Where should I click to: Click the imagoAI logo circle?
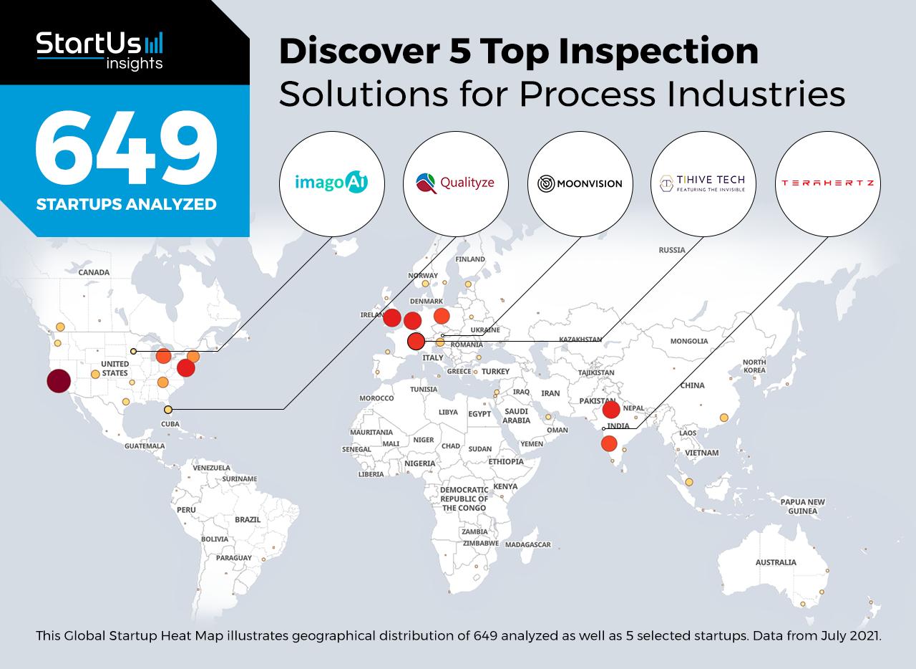point(331,184)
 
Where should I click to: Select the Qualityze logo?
point(456,184)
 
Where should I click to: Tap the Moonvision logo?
point(580,184)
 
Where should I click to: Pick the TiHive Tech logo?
point(703,184)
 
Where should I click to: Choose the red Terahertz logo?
point(828,184)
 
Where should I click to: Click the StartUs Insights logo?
point(99,50)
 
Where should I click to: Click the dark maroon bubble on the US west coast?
point(59,381)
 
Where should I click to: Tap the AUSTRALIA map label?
point(776,562)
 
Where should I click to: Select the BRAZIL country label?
point(248,519)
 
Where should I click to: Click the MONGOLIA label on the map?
point(689,341)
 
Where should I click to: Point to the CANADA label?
point(94,272)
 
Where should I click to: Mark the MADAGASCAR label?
point(528,544)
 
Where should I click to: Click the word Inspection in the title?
point(658,52)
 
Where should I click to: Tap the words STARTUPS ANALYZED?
point(127,204)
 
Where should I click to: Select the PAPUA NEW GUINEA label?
point(802,506)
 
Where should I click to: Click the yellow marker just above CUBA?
point(168,410)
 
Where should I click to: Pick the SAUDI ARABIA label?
point(517,415)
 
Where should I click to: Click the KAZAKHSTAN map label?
point(580,340)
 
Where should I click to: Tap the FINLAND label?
point(470,259)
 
